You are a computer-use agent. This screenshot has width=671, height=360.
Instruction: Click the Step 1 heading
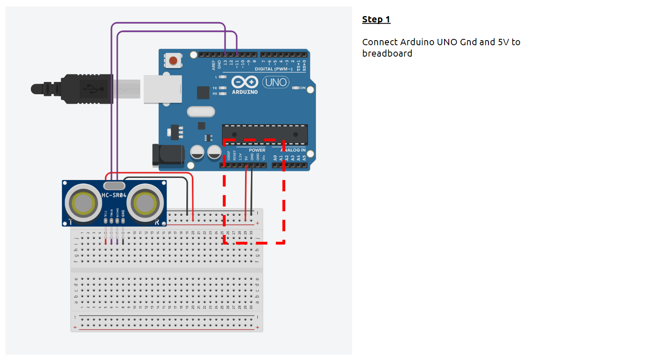click(x=376, y=19)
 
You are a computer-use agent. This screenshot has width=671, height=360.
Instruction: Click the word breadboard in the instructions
click(x=387, y=54)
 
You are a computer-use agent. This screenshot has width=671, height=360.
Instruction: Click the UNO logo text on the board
click(x=276, y=82)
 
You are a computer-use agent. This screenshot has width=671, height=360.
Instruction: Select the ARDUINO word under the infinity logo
click(x=245, y=92)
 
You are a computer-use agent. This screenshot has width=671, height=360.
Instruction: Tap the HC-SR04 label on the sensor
click(x=114, y=195)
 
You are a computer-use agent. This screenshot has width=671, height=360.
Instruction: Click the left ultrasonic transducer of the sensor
click(x=83, y=203)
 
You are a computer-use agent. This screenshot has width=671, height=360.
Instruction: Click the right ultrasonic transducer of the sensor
click(x=145, y=203)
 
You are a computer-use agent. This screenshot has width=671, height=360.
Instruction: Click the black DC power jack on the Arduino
click(x=168, y=155)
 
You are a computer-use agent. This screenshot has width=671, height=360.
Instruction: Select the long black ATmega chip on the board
click(x=265, y=134)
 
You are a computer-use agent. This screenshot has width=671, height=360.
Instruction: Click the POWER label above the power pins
click(x=257, y=150)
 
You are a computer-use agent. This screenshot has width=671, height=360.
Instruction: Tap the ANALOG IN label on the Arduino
click(x=294, y=150)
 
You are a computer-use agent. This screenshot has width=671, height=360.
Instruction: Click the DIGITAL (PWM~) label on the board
click(x=273, y=69)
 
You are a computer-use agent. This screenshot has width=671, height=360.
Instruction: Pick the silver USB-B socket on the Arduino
click(x=163, y=89)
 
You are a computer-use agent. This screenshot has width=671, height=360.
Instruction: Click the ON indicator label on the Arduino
click(x=303, y=88)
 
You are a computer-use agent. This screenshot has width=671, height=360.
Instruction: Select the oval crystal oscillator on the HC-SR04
click(x=114, y=185)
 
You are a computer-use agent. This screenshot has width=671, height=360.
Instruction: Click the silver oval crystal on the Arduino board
click(x=201, y=112)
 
